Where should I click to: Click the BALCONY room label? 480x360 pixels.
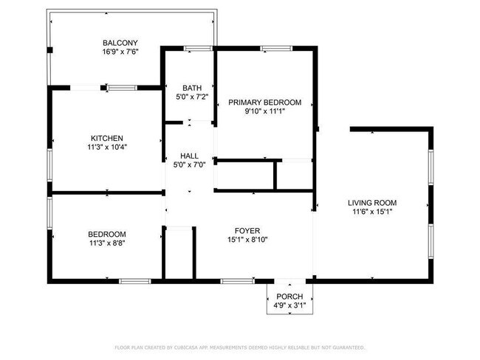(120, 43)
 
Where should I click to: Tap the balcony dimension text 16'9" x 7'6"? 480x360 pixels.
(120, 52)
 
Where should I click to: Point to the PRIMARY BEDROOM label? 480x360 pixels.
(264, 102)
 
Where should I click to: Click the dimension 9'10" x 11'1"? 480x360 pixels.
(264, 111)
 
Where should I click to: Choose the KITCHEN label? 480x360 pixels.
(106, 138)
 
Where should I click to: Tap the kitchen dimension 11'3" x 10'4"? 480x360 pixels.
(106, 148)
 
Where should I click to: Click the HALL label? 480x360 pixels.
(189, 156)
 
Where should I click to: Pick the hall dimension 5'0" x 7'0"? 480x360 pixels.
(189, 165)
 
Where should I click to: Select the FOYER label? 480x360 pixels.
(247, 230)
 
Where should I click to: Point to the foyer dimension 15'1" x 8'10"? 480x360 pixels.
(247, 239)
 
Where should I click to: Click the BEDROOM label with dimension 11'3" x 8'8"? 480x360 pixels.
(107, 234)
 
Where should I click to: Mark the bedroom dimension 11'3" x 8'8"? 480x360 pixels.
(107, 243)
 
